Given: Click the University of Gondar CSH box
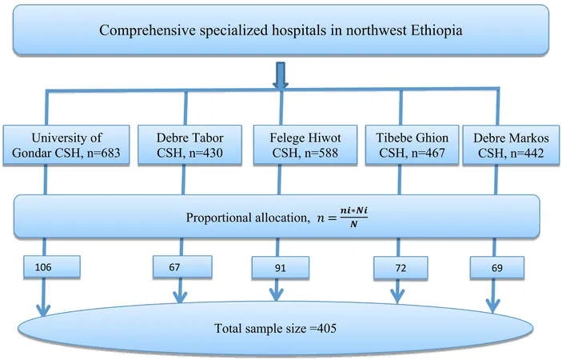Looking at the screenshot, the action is click(66, 146).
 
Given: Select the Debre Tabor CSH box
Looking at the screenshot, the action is click(190, 146).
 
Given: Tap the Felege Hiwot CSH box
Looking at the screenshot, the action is click(305, 146).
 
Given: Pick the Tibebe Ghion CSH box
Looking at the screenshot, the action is click(412, 146).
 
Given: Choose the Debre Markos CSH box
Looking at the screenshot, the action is click(511, 146).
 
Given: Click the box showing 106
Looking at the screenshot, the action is click(52, 266).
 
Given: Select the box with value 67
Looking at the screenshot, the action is click(182, 266).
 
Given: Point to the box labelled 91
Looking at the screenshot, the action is click(281, 267).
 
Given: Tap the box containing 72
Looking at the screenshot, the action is click(401, 267).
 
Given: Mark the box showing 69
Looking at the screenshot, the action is click(497, 267).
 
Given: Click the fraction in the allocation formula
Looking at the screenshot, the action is click(354, 218).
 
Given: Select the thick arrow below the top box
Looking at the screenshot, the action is click(281, 75).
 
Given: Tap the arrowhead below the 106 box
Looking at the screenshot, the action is click(43, 310).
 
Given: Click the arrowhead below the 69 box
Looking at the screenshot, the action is click(493, 306).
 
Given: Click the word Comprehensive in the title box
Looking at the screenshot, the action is click(148, 30).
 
